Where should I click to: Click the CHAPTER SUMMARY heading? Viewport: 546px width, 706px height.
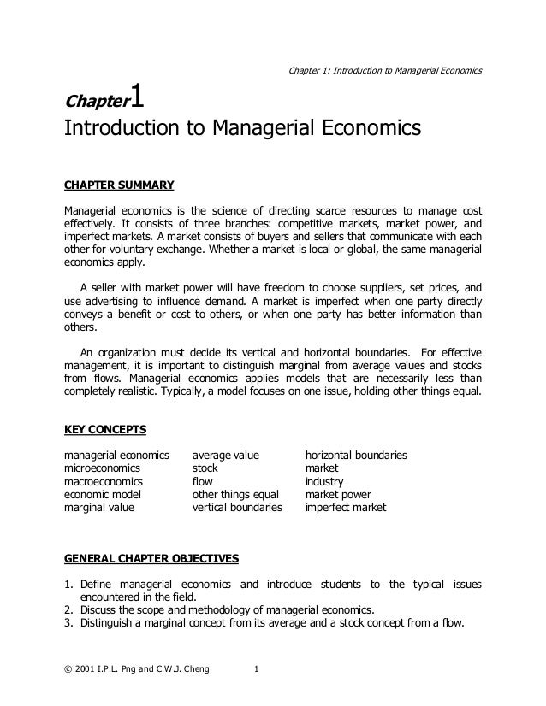point(120,185)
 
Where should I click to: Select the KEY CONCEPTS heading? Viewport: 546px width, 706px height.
point(105,429)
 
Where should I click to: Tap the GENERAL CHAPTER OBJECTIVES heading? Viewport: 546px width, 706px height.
point(152,560)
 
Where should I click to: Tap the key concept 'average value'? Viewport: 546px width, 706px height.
point(225,456)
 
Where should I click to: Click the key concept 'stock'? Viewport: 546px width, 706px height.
point(205,468)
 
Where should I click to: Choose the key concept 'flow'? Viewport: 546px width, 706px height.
point(202,481)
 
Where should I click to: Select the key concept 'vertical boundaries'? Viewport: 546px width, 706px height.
point(237,507)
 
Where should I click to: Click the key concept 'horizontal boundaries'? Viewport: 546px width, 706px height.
point(356,456)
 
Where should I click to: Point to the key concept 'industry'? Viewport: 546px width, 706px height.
point(324,481)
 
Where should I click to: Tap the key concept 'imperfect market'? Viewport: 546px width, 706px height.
point(346,507)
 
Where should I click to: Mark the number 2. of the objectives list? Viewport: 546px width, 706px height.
point(70,609)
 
